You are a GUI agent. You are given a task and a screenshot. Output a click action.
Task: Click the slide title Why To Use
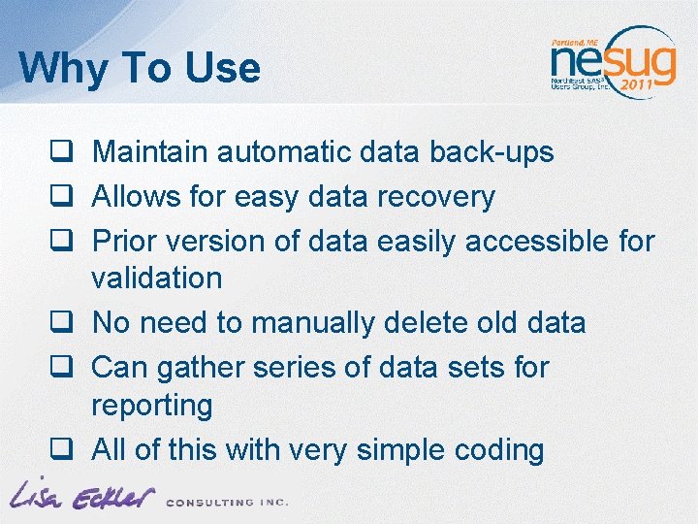(x=140, y=69)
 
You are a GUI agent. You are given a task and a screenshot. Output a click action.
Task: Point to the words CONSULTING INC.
(x=227, y=502)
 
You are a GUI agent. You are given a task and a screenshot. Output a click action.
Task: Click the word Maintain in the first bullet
(x=150, y=152)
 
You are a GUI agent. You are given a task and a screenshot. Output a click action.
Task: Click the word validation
(x=156, y=278)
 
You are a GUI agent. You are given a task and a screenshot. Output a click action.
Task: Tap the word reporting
(x=151, y=405)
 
